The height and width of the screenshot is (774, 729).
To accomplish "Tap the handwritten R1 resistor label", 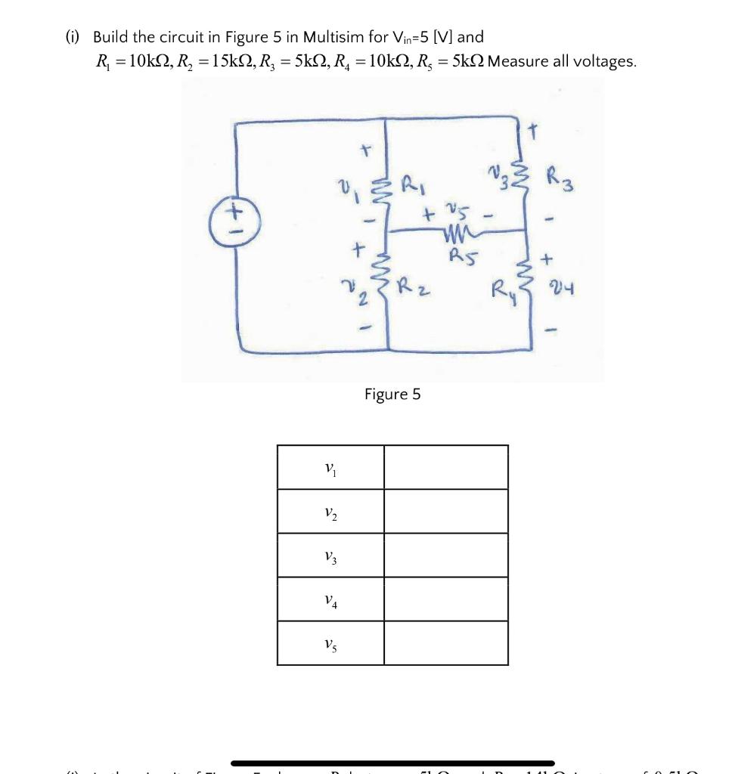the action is click(x=412, y=185).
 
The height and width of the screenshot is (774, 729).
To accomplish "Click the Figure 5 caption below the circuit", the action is click(x=392, y=394).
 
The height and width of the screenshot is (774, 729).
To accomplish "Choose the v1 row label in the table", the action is click(x=330, y=468).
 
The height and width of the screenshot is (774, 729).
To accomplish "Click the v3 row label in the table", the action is click(x=330, y=556).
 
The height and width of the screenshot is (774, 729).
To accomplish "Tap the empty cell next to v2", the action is click(x=445, y=512).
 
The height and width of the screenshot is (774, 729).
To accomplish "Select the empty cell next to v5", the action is click(x=445, y=644).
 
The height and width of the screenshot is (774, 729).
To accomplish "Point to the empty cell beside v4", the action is click(x=445, y=600).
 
